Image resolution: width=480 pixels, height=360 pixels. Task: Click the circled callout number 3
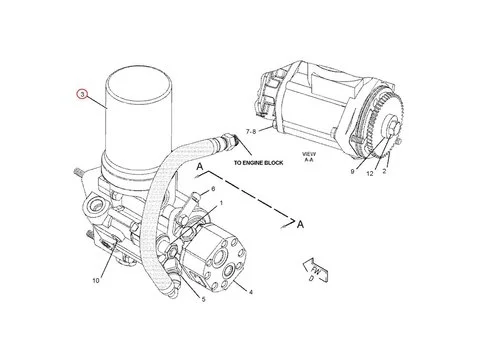[x=83, y=98]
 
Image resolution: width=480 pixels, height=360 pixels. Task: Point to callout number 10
[x=95, y=281]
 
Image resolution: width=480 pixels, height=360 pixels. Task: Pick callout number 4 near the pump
[x=251, y=292]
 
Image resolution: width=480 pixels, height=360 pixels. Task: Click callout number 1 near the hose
[x=221, y=204]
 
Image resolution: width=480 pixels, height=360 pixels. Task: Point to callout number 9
[x=352, y=171]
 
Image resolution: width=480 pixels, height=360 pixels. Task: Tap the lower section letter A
[x=299, y=224]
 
